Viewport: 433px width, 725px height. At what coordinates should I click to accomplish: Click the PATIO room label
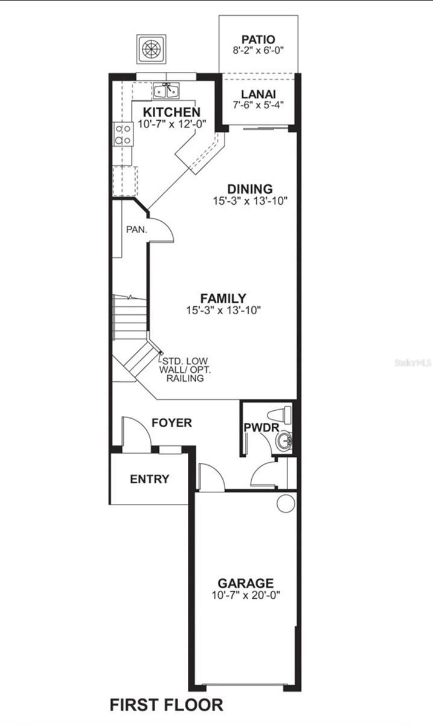pyautogui.click(x=258, y=39)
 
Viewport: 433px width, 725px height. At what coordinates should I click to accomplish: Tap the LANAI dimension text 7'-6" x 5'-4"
pyautogui.click(x=258, y=105)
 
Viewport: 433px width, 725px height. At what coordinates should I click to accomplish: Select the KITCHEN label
pyautogui.click(x=172, y=112)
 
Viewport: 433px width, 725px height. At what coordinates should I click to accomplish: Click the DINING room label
pyautogui.click(x=249, y=189)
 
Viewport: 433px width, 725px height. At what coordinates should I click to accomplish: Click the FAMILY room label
pyautogui.click(x=223, y=298)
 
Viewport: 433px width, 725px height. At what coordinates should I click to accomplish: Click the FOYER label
pyautogui.click(x=172, y=423)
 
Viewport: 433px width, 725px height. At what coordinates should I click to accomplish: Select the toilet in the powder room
pyautogui.click(x=283, y=415)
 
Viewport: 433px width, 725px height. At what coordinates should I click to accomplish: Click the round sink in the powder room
pyautogui.click(x=283, y=442)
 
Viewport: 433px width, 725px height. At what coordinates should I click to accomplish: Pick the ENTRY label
pyautogui.click(x=150, y=479)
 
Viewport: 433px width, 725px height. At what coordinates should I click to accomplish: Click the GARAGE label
pyautogui.click(x=245, y=584)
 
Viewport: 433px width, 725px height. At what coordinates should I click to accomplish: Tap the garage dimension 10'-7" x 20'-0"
pyautogui.click(x=245, y=594)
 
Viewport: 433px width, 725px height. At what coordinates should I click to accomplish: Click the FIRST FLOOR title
pyautogui.click(x=166, y=705)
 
